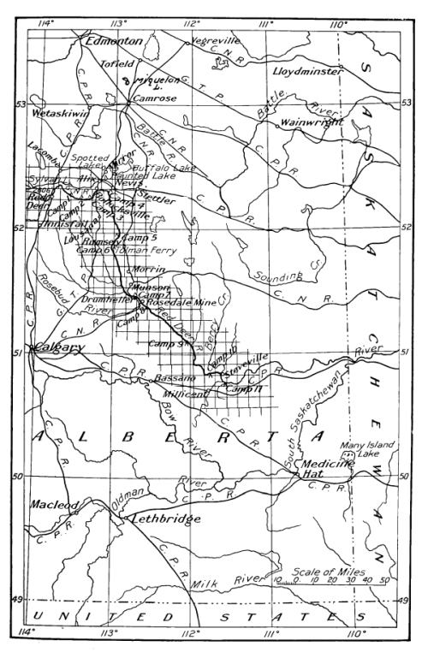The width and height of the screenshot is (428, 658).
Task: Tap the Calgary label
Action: (x=59, y=347)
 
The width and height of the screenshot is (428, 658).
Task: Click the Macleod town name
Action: (x=56, y=506)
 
